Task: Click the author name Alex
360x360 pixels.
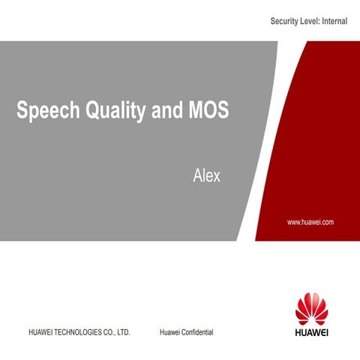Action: click(206, 178)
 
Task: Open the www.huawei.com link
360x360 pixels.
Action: click(310, 223)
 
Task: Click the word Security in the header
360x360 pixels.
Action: click(286, 22)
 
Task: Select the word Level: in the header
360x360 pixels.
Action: click(311, 22)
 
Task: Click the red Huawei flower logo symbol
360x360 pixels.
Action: click(311, 308)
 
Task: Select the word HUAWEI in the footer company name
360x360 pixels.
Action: click(40, 331)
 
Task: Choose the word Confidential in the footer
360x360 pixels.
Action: click(197, 331)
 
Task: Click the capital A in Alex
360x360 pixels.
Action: click(198, 178)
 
